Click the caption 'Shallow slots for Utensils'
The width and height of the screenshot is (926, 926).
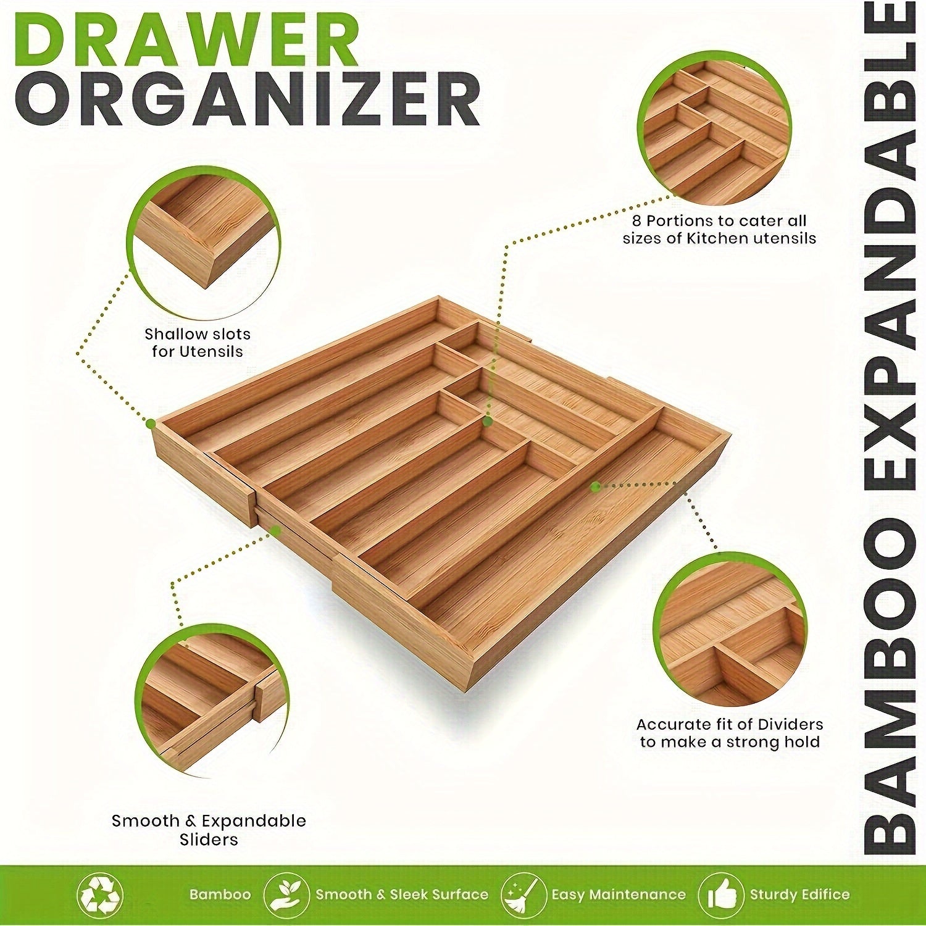198,343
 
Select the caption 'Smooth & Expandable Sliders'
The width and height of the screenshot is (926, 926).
209,830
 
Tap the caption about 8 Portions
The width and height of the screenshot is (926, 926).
719,229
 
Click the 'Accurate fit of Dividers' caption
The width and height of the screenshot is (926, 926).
730,733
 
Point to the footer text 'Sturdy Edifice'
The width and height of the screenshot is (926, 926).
799,895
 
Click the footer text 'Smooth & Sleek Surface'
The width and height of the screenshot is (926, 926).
401,895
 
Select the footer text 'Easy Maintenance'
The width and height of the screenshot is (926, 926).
619,895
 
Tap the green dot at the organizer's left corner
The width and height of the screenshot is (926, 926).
150,423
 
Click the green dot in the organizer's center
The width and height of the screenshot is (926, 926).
487,422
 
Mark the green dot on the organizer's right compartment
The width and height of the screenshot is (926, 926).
595,486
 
